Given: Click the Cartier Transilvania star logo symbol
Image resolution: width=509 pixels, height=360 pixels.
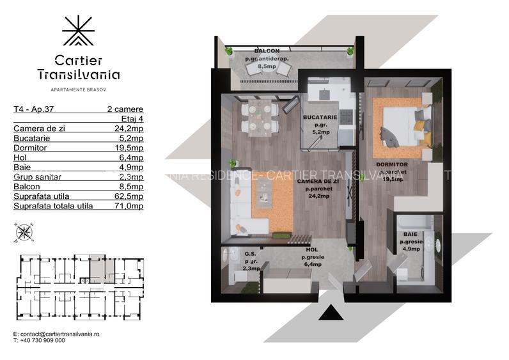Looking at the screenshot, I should pyautogui.click(x=78, y=31).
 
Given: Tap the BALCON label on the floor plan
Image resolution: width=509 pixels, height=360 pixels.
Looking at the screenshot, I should pyautogui.click(x=265, y=51).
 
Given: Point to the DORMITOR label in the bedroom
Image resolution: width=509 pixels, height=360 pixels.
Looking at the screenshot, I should pyautogui.click(x=392, y=164).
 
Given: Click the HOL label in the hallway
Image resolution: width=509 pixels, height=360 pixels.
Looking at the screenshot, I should pyautogui.click(x=311, y=250).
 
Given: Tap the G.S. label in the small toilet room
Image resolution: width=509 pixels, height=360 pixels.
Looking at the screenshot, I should pyautogui.click(x=251, y=253).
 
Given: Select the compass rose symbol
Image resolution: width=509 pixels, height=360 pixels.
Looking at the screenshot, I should pyautogui.click(x=25, y=232).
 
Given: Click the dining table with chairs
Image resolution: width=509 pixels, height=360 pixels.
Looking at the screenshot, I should pyautogui.click(x=258, y=117).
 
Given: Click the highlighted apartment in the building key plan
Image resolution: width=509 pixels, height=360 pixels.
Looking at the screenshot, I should pyautogui.click(x=98, y=269).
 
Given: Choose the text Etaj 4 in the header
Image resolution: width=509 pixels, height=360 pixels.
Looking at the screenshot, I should pyautogui.click(x=132, y=119).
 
